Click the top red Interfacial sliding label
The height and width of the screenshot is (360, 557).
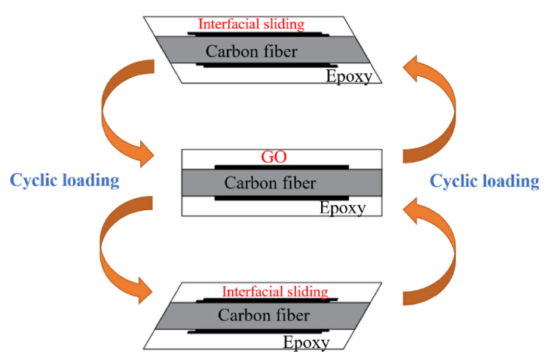251,24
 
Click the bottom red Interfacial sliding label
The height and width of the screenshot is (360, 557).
274,291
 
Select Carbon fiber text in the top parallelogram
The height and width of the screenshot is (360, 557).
252,50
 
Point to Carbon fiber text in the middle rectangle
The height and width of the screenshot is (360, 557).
271,182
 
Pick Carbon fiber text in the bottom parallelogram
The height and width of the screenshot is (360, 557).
264,316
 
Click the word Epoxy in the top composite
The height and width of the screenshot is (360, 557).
348,75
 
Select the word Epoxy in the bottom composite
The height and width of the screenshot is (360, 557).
306,343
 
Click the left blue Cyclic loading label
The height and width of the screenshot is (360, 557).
64,181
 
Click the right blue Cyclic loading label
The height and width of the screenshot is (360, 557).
484,182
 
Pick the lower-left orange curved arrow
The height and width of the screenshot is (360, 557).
123,249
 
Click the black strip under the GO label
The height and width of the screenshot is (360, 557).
281,166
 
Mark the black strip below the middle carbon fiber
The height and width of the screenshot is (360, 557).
281,199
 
